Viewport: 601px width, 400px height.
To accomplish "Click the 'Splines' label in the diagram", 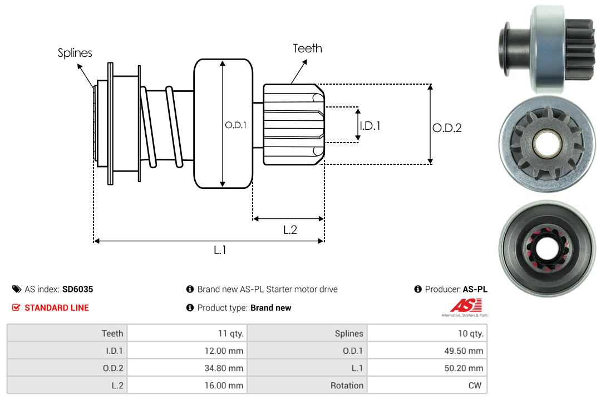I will coord(75,53).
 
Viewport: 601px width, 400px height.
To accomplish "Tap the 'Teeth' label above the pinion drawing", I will coord(307,48).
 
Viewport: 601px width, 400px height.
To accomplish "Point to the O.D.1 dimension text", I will coord(235,125).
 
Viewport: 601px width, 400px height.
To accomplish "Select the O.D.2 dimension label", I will coord(447,128).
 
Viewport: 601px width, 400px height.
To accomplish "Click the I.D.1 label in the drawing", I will coord(370,126).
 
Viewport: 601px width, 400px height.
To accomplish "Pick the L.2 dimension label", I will coord(290,230).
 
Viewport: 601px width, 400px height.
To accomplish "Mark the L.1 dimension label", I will coord(220,250).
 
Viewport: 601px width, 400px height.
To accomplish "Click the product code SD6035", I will coord(77,289).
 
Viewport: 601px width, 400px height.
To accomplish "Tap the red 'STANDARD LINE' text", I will coord(56,308).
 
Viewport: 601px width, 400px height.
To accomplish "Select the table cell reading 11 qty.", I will coord(230,333).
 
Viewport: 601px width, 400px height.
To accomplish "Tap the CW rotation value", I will coord(476,386).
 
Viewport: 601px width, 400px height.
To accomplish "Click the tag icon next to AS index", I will coord(16,289).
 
